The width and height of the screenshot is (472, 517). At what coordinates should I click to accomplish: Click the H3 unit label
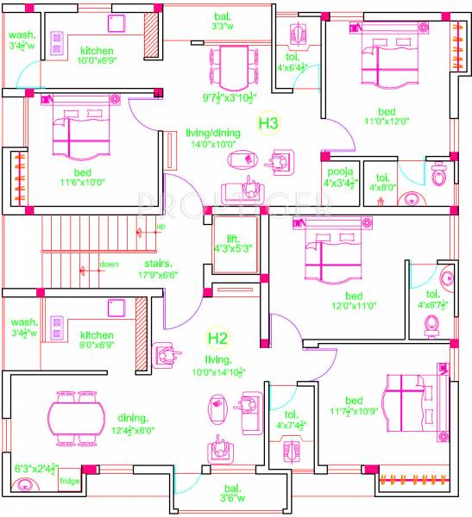[x=268, y=124]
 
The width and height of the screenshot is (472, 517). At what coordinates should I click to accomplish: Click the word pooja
[x=336, y=171]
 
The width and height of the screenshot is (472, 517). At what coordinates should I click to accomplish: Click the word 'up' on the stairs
[x=160, y=227]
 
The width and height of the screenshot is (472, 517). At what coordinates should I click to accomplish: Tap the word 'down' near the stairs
[x=109, y=264]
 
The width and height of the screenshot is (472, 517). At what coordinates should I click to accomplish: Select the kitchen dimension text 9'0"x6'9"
[x=96, y=346]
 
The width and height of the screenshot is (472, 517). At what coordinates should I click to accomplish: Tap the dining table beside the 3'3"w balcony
[x=230, y=63]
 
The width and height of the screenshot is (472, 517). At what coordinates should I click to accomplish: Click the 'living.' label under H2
[x=219, y=358]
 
